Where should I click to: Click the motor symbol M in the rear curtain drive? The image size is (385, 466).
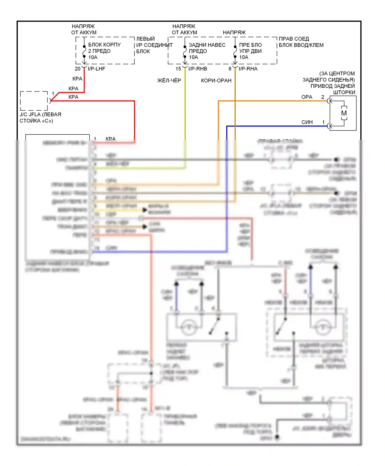tap(344, 113)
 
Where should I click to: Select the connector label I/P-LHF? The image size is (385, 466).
tap(97, 69)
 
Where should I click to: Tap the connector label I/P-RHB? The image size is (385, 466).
tap(198, 69)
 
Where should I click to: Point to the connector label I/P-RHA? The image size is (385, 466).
tap(248, 69)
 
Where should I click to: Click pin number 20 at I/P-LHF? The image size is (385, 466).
tap(78, 69)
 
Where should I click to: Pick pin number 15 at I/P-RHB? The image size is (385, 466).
tap(178, 69)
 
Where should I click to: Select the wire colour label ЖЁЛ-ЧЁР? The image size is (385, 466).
tap(169, 81)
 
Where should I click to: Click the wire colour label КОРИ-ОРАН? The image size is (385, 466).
tap(216, 81)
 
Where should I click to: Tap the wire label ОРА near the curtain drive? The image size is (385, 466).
tap(307, 97)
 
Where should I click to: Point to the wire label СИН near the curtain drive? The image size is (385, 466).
tap(307, 122)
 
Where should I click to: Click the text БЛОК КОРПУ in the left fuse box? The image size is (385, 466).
tap(104, 45)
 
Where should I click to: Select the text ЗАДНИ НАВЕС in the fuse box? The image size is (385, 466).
tap(207, 45)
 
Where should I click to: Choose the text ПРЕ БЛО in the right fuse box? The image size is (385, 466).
tap(251, 45)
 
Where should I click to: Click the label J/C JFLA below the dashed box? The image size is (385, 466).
tap(30, 115)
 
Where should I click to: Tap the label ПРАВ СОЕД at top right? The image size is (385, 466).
tap(294, 39)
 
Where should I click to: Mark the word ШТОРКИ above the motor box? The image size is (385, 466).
tap(344, 92)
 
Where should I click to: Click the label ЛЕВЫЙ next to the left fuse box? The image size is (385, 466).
tap(145, 39)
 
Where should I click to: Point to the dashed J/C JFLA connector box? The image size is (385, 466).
tap(34, 101)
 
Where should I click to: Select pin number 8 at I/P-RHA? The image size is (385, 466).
tap(230, 69)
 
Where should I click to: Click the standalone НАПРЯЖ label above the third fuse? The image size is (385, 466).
tap(234, 33)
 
